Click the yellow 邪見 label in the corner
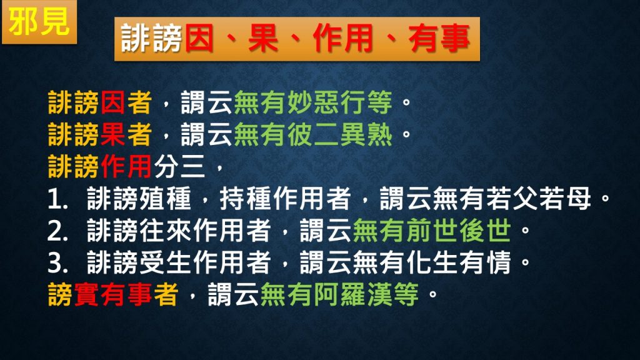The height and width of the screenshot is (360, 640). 39,22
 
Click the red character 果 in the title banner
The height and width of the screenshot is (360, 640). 263,38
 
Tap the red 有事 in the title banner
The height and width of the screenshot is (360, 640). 439,38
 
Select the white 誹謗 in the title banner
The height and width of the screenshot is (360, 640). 152,38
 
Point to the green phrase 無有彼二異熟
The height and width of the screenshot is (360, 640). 313,134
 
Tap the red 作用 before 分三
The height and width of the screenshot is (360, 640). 126,166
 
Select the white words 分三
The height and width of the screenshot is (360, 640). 179,166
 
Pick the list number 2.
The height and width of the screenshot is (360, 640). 57,231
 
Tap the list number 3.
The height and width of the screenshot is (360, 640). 57,263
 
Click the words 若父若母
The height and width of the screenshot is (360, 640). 538,198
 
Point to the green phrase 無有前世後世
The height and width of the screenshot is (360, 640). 431,230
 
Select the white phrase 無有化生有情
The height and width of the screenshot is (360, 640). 431,262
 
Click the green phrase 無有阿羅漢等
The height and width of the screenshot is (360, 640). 339,294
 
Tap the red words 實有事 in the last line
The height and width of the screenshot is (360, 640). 113,294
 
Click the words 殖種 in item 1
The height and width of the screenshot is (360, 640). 166,198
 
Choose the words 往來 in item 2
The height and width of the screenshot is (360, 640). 166,230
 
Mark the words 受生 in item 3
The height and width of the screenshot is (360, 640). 166,262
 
